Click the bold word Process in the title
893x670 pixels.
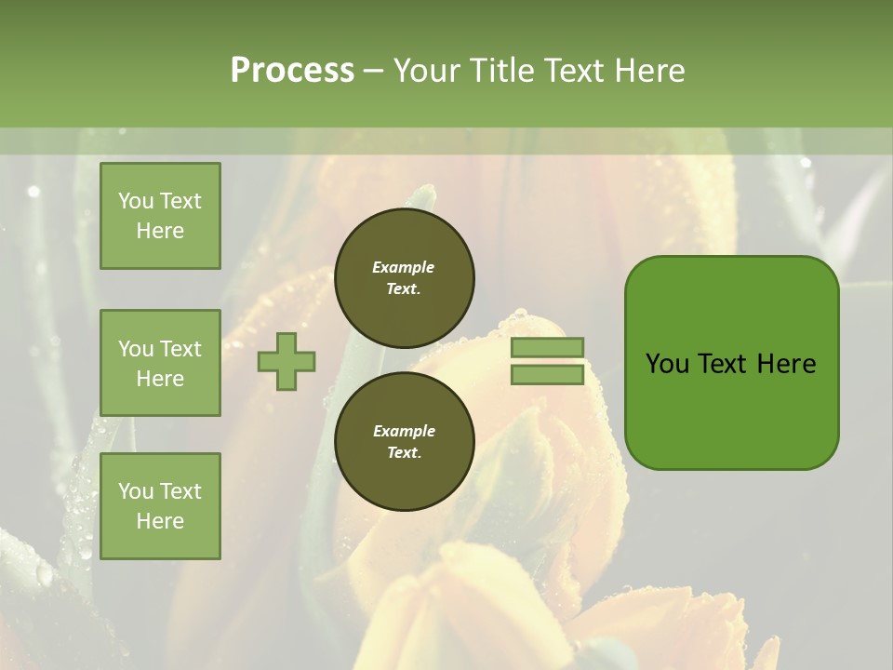[292, 71]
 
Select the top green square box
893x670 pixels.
[160, 216]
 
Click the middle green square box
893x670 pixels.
[160, 363]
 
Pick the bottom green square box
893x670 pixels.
[160, 505]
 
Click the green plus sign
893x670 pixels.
[287, 361]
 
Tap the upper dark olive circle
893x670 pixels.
[404, 277]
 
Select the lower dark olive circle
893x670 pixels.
[404, 441]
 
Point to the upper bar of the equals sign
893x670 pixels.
[547, 347]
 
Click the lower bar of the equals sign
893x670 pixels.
[547, 374]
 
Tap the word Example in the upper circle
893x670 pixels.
[404, 267]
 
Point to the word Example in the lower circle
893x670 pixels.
[404, 431]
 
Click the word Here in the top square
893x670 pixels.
[160, 231]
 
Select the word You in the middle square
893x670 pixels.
[135, 349]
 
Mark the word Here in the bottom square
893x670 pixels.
[160, 521]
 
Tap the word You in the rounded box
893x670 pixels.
[667, 364]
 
